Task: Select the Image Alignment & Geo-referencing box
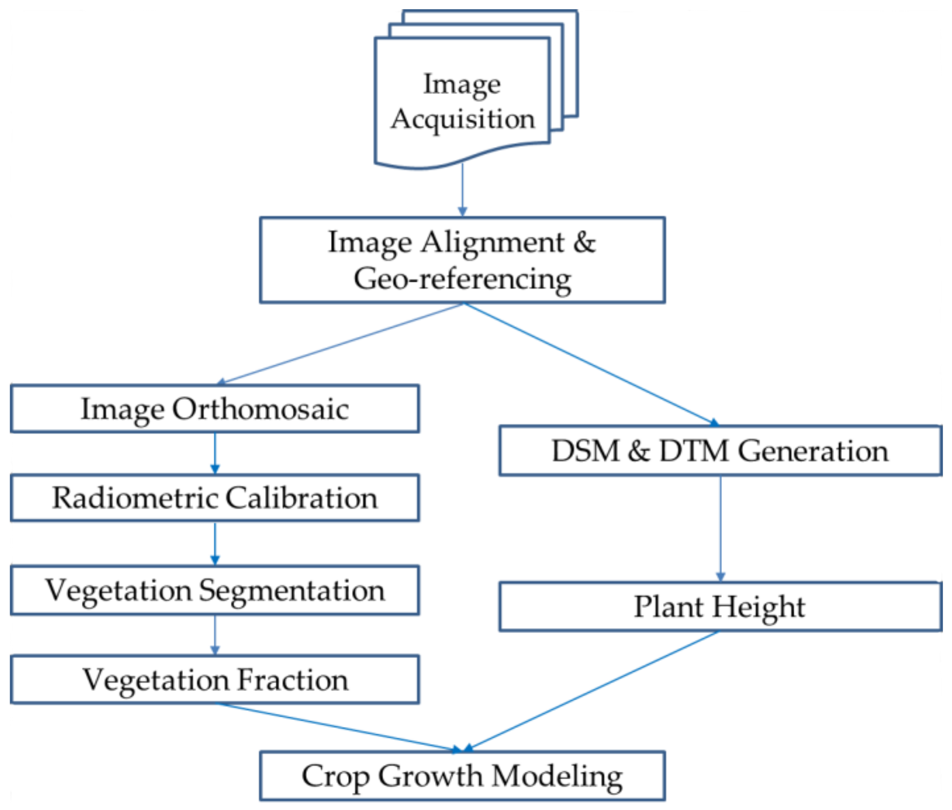462,259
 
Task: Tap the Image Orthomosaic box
214,408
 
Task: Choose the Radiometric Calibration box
214,498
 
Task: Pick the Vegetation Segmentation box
214,590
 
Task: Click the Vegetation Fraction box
214,680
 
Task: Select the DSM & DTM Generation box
720,450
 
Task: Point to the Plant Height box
720,607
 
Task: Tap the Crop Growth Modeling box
462,776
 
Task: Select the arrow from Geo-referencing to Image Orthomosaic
340,343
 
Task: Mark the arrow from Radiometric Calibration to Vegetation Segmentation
215,543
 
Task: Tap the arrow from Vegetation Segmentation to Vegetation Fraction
215,634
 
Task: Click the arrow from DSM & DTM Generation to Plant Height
720,528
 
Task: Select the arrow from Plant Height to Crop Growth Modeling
592,691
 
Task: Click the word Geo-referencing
462,279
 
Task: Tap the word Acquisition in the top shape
463,119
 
